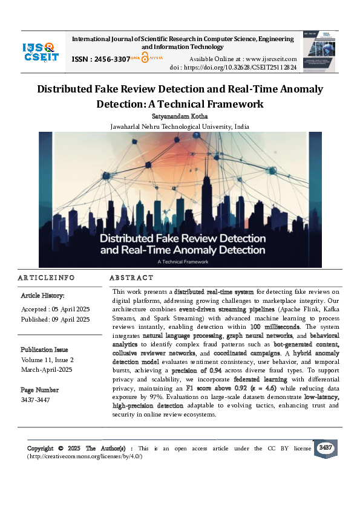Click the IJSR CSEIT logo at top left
tap(41, 51)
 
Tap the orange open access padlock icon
tap(145, 58)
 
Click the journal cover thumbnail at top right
tap(320, 51)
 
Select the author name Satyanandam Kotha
tap(180, 115)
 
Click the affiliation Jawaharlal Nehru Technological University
tap(180, 126)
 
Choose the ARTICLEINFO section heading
tap(47, 277)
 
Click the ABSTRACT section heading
tap(131, 277)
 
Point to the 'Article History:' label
tap(43, 296)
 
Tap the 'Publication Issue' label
tap(44, 349)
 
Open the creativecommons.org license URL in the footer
tap(84, 456)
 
